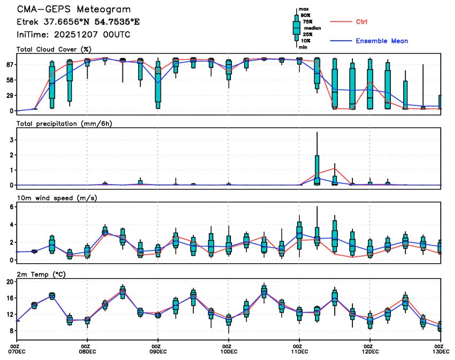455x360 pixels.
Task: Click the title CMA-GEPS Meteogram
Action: pyautogui.click(x=74, y=10)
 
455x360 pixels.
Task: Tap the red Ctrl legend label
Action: pyautogui.click(x=361, y=21)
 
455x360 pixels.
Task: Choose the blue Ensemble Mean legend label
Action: pyautogui.click(x=382, y=41)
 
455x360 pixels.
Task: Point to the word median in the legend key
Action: pyautogui.click(x=312, y=28)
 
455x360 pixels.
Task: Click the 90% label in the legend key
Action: pyautogui.click(x=305, y=16)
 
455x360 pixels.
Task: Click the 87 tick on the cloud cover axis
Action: pyautogui.click(x=10, y=65)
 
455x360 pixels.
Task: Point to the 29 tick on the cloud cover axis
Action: pyautogui.click(x=10, y=95)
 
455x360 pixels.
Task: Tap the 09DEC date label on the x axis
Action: pyautogui.click(x=158, y=351)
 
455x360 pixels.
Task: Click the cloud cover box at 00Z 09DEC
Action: pyautogui.click(x=158, y=89)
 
